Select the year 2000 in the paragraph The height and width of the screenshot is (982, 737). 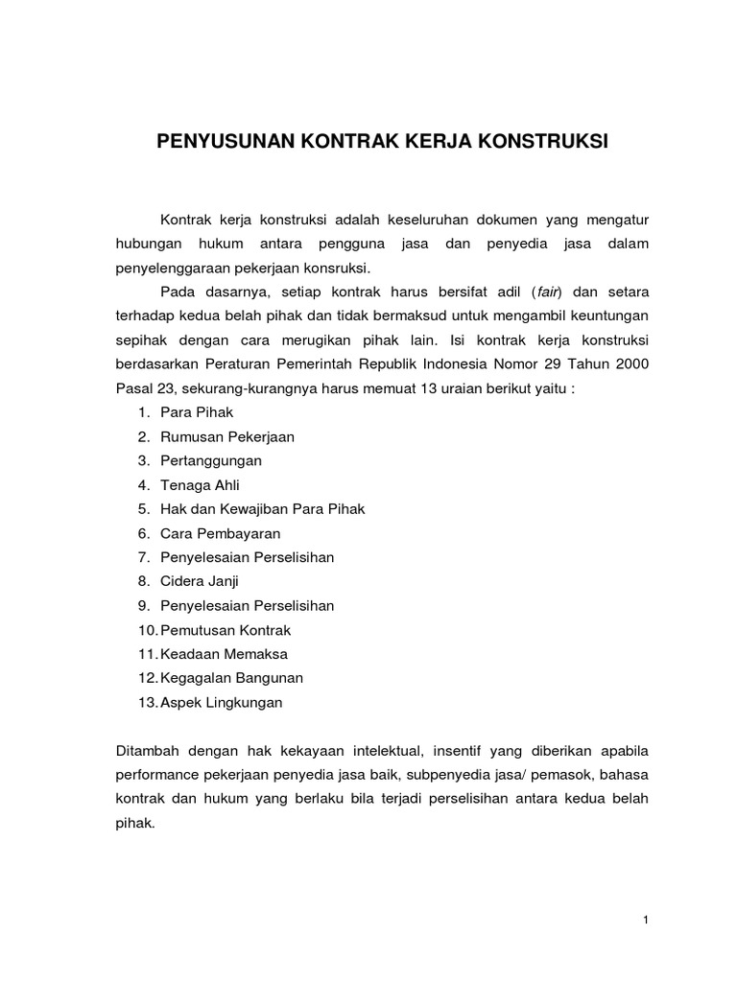[632, 363]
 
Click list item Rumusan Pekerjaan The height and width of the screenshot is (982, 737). [227, 436]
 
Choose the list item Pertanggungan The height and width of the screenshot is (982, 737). [211, 460]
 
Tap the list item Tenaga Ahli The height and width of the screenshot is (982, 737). [200, 484]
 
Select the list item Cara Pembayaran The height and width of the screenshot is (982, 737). [221, 533]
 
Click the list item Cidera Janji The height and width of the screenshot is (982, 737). [200, 581]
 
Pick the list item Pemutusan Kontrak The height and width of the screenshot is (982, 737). [226, 630]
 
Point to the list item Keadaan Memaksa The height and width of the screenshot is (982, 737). [225, 654]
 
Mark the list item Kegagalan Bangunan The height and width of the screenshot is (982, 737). [232, 678]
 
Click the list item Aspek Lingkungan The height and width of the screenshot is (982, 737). [223, 702]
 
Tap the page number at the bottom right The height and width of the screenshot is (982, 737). [647, 921]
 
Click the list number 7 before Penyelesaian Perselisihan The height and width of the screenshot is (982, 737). [142, 557]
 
